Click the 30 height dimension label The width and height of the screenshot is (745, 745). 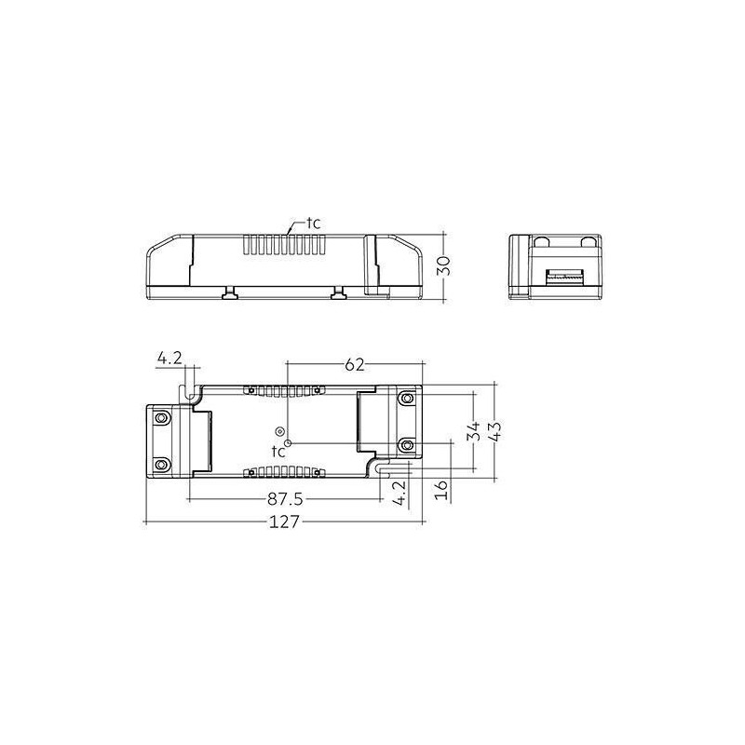click(x=443, y=265)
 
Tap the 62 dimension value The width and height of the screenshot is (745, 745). click(x=354, y=364)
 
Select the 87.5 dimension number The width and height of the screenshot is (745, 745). click(x=285, y=499)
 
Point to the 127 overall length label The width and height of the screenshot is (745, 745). click(x=285, y=521)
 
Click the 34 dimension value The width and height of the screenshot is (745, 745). click(x=473, y=431)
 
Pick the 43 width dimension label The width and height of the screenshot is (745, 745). click(x=495, y=431)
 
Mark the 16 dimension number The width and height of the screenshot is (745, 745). click(x=441, y=490)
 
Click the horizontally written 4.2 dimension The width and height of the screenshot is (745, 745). click(x=169, y=359)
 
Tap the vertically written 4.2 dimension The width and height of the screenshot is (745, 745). click(x=400, y=493)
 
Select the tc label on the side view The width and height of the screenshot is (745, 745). click(x=313, y=223)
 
